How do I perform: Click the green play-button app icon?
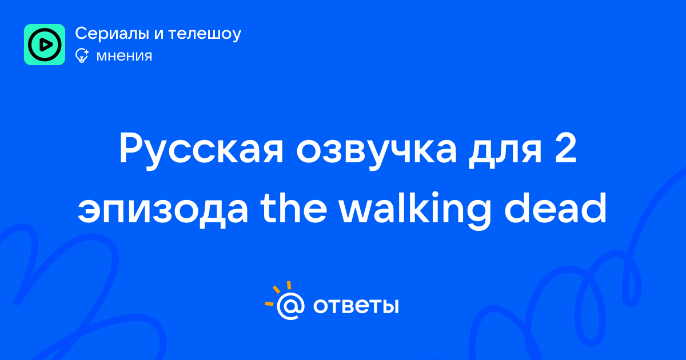click(x=45, y=45)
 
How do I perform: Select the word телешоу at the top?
click(x=205, y=34)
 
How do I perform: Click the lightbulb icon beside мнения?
click(x=82, y=55)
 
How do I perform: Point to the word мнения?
click(x=124, y=56)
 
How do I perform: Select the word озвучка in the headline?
click(x=376, y=150)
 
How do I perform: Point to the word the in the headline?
click(x=293, y=208)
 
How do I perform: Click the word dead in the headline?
click(x=555, y=208)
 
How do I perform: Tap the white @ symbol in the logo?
click(x=290, y=306)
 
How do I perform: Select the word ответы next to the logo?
click(x=356, y=306)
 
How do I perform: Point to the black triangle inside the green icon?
click(x=45, y=45)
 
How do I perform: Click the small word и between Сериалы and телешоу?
click(x=159, y=35)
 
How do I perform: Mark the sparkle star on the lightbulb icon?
click(x=86, y=52)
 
